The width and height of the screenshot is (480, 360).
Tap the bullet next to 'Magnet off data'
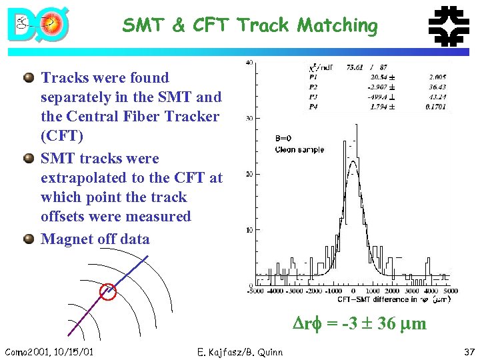(x=29, y=239)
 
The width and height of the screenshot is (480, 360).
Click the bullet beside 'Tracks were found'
(x=29, y=78)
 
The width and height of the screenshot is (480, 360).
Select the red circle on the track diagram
(x=107, y=291)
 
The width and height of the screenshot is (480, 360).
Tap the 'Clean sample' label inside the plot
(x=299, y=149)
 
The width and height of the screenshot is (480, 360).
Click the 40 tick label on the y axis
(x=249, y=63)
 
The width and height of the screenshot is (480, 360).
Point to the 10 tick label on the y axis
(x=249, y=230)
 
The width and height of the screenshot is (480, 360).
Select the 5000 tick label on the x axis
(x=451, y=291)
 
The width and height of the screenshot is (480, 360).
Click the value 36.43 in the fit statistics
(x=437, y=86)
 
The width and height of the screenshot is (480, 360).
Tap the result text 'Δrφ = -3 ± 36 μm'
(x=361, y=324)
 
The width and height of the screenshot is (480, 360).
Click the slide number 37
(x=468, y=351)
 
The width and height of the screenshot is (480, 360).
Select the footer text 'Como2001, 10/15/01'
(x=48, y=351)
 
